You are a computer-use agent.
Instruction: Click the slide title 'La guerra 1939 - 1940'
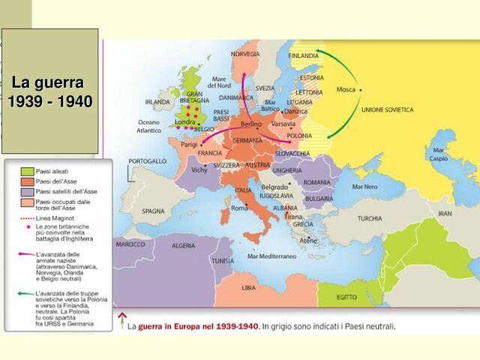tap(49, 91)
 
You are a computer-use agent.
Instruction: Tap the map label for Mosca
tap(346, 89)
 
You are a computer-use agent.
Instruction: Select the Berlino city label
tap(250, 124)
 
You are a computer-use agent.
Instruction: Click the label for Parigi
tap(189, 144)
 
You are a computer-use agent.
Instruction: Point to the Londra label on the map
tap(184, 121)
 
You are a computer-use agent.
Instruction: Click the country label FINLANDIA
tap(303, 55)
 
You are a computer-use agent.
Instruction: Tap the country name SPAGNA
tap(152, 211)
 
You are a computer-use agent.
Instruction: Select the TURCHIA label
tap(368, 219)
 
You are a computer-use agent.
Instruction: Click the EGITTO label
tap(346, 297)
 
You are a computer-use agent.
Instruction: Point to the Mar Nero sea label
tap(365, 187)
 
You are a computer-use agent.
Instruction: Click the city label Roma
tap(239, 208)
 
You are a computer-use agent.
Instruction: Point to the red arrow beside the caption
tap(121, 322)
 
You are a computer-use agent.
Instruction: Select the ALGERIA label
tap(184, 246)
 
